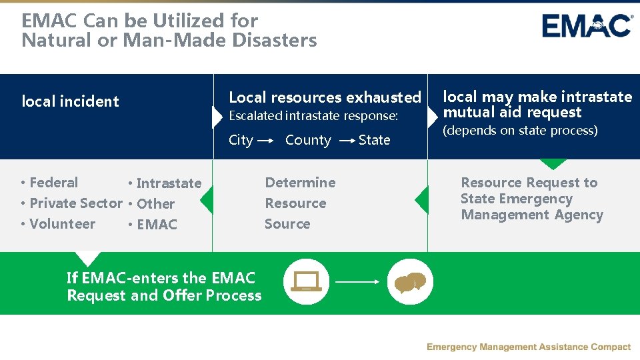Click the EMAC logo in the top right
pos(587,26)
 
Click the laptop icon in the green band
pos(306,282)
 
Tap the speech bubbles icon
pos(410,282)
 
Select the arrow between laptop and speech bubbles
pos(357,282)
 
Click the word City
pos(241,140)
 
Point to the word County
pos(308,140)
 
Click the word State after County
pos(374,140)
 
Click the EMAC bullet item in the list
pos(156,225)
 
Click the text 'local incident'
pos(71,101)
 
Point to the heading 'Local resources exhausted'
pos(325,97)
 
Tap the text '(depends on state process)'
pos(520,131)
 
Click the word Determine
pos(300,183)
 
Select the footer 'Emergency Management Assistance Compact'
pos(528,347)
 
